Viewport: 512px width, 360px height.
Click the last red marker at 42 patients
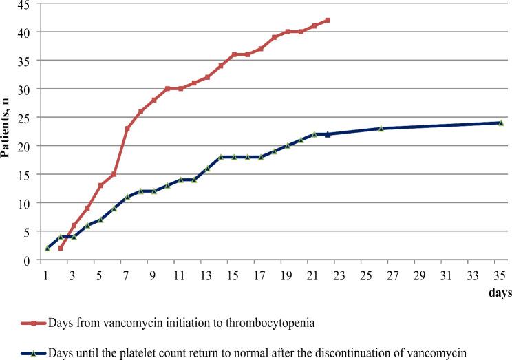tap(328, 20)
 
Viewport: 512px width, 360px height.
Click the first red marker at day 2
tap(61, 248)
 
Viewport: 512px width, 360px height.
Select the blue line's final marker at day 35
tap(500, 123)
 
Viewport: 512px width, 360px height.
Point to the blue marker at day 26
tap(381, 129)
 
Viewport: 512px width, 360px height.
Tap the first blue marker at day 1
tap(47, 248)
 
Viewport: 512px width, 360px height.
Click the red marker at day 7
tap(127, 129)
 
